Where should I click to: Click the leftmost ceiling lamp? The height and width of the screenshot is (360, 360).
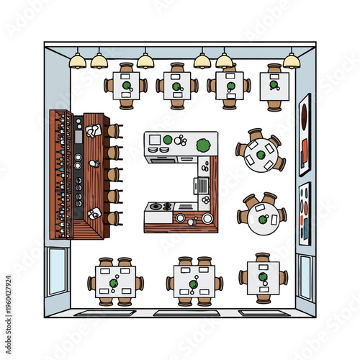tap(77, 62)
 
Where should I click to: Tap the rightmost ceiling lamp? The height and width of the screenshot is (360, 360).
tap(291, 60)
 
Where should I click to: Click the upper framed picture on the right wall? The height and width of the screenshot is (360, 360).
tap(305, 135)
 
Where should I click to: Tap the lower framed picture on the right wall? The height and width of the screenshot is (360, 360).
tap(305, 212)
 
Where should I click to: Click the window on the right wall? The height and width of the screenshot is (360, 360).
tap(305, 276)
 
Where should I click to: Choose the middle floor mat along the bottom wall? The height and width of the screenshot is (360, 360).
tap(186, 313)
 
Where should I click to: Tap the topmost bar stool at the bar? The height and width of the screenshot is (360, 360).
tap(113, 131)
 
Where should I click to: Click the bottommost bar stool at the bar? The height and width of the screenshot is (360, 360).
tap(113, 217)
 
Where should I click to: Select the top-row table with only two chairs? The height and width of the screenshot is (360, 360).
tap(274, 87)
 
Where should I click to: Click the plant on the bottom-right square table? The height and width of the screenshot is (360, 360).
tap(263, 276)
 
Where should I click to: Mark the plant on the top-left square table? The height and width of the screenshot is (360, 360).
tap(127, 86)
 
